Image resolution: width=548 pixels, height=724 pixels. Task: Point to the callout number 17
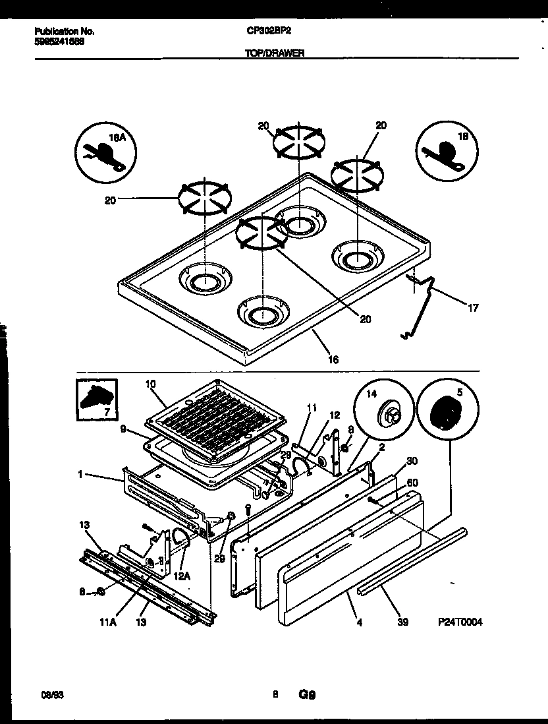tap(473, 307)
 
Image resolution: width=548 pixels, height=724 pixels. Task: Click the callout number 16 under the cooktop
tap(333, 359)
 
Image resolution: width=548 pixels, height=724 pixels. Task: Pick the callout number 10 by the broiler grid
tap(150, 384)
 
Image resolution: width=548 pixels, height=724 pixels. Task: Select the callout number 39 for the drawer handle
tap(402, 622)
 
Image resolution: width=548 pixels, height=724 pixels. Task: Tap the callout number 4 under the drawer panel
tap(360, 621)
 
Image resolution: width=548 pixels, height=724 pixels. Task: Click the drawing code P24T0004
tap(460, 622)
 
